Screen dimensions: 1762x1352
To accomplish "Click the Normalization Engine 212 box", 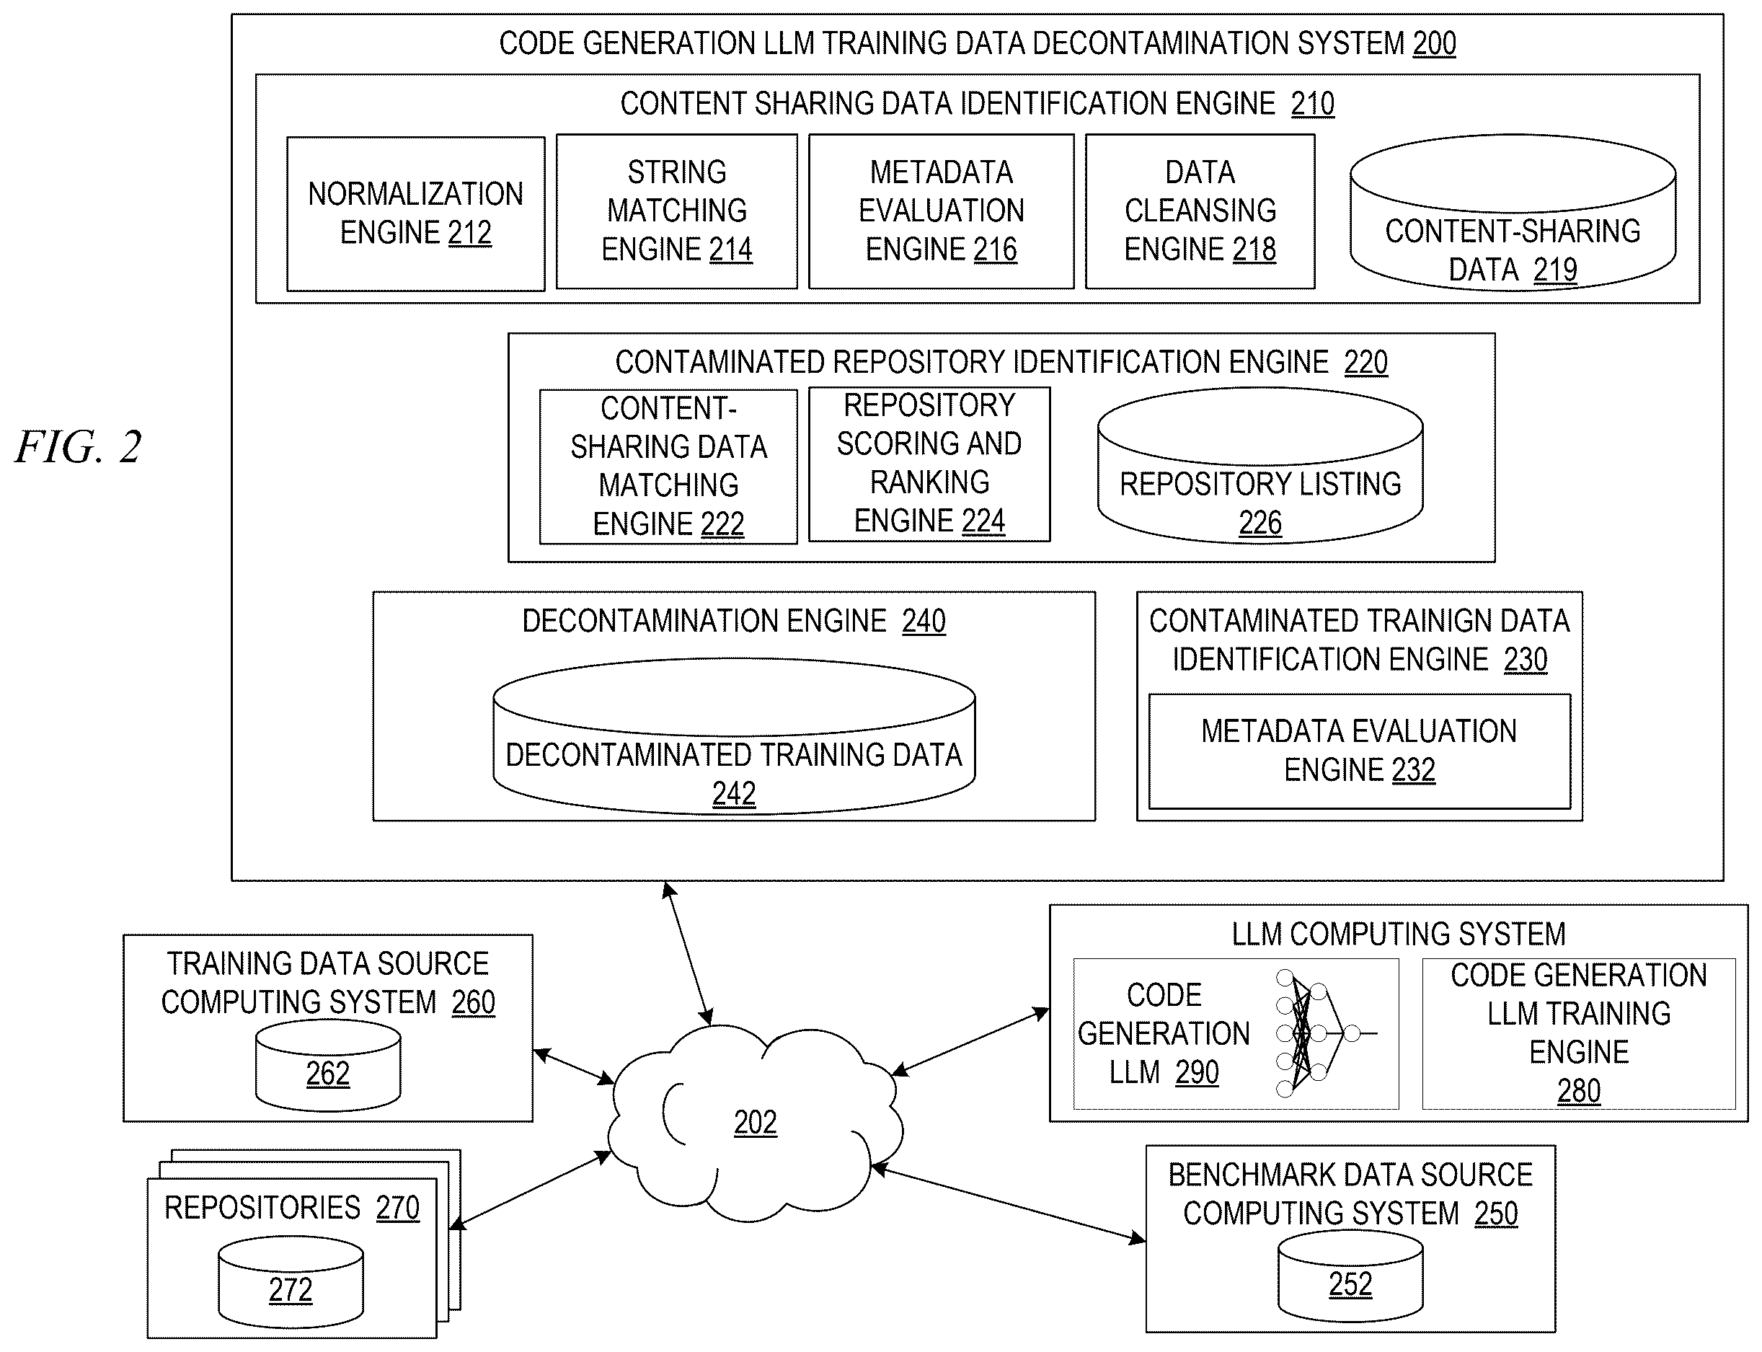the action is pos(415,213).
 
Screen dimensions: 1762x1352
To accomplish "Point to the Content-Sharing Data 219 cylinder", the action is pos(1513,213).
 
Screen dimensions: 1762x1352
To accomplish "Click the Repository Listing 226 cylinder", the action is pos(1260,466).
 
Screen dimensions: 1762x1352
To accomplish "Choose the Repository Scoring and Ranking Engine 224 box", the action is pos(929,464).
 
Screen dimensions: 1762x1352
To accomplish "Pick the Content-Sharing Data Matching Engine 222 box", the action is pos(668,467).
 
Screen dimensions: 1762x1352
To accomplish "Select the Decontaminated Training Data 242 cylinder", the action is pos(734,736).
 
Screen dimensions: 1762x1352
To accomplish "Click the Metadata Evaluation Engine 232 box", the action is pos(1359,751).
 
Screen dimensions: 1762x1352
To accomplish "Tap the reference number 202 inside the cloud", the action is pos(755,1123).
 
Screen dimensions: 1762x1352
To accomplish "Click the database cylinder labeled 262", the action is pos(327,1064).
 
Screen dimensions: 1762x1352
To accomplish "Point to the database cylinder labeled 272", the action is pos(291,1283).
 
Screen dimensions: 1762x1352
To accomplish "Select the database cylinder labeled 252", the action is pos(1350,1276).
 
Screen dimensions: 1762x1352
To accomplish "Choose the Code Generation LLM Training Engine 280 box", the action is pos(1579,1033).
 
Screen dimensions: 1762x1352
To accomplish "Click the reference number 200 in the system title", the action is pos(1434,43).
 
